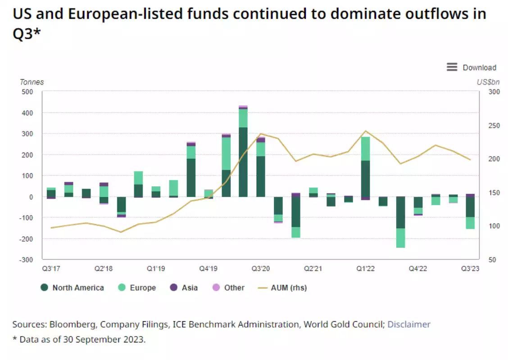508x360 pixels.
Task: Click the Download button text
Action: click(479, 67)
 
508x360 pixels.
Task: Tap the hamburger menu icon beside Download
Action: click(452, 67)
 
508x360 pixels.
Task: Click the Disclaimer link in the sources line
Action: click(409, 324)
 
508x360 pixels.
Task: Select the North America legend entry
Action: click(78, 288)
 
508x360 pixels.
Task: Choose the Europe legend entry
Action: click(143, 288)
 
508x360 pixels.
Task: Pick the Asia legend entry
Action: click(190, 288)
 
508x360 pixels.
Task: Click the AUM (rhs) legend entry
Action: click(289, 288)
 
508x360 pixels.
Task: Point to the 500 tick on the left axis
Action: click(27, 92)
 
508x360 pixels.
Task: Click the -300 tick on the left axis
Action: click(26, 260)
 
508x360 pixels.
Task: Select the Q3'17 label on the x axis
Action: click(51, 269)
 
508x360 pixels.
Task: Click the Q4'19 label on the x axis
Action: click(209, 269)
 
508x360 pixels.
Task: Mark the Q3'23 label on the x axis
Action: click(469, 269)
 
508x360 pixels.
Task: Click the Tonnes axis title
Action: click(32, 82)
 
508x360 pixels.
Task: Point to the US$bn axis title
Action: click(488, 82)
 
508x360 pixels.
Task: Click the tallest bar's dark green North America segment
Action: click(243, 162)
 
